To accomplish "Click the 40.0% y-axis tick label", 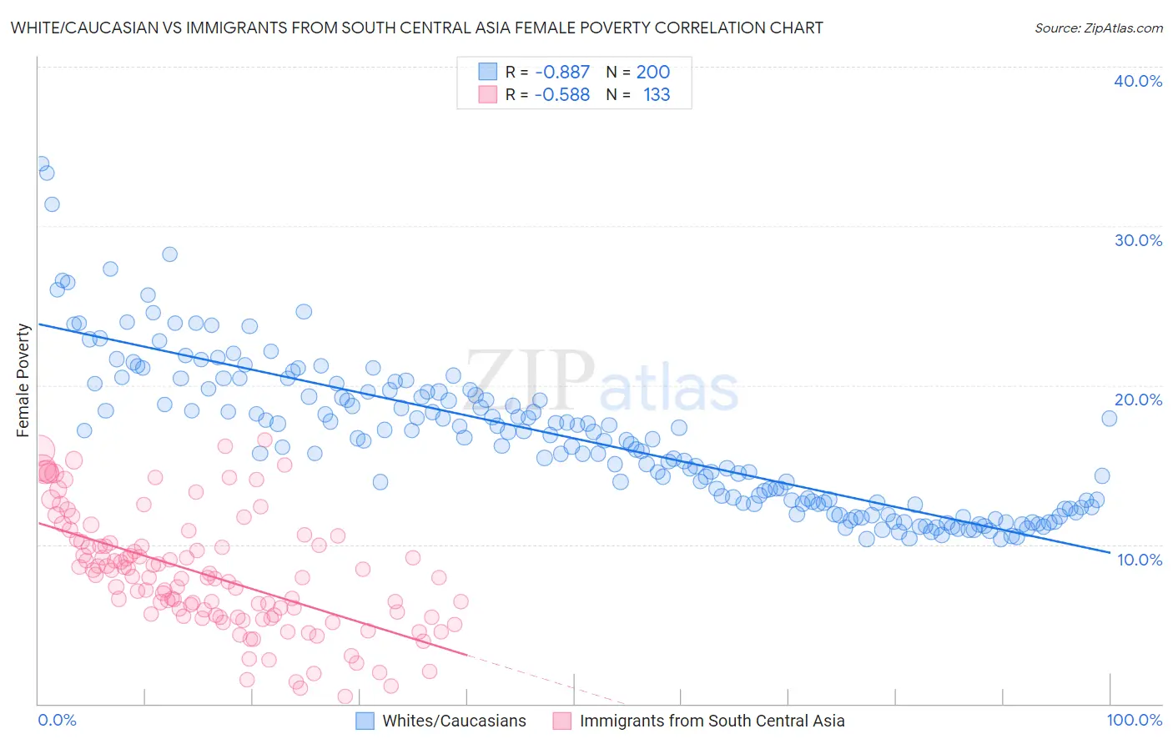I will [x=1138, y=81].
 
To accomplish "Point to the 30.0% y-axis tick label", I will [x=1138, y=240].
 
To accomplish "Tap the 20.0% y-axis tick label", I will [x=1138, y=400].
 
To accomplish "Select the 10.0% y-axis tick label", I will [x=1140, y=560].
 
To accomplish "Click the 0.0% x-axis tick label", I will [x=58, y=720].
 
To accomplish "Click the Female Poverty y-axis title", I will [x=23, y=380].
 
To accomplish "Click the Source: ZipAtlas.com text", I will [x=1098, y=28].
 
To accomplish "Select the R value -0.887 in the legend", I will [x=562, y=72].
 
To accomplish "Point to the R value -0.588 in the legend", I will [x=562, y=94].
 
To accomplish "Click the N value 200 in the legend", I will [x=653, y=72].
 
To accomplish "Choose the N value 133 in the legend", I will [x=657, y=94].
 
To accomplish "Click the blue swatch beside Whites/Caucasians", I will [x=365, y=721].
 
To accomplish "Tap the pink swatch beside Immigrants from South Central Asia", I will [x=562, y=721].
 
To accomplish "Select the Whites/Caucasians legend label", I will [x=455, y=721].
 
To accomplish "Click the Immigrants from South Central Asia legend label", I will [x=712, y=721].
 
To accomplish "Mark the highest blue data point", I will [x=40, y=164].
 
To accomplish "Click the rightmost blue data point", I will [x=1109, y=419].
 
